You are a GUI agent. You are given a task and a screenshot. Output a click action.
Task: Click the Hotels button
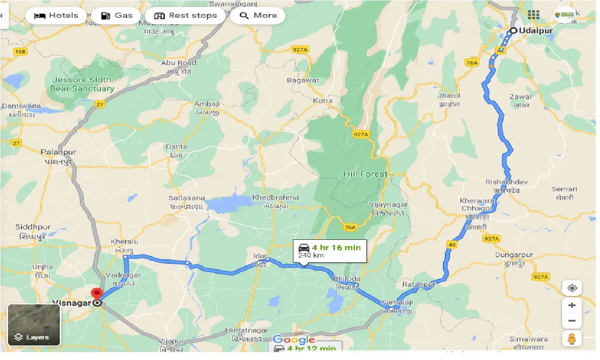pyautogui.click(x=56, y=15)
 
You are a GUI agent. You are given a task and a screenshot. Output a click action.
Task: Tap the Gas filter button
pyautogui.click(x=117, y=15)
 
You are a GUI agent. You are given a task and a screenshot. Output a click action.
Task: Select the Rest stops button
pyautogui.click(x=186, y=15)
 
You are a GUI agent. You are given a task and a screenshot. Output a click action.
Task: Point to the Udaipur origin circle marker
pyautogui.click(x=513, y=31)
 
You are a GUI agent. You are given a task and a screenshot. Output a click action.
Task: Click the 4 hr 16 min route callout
pyautogui.click(x=330, y=251)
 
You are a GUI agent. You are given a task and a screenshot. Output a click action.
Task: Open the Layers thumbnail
pyautogui.click(x=34, y=325)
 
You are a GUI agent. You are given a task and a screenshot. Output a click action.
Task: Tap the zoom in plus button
pyautogui.click(x=572, y=305)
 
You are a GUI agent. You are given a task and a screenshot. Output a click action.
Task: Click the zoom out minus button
pyautogui.click(x=572, y=321)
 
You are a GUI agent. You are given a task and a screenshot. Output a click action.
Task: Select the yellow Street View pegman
pyautogui.click(x=572, y=338)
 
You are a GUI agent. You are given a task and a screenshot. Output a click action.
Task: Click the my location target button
pyautogui.click(x=572, y=288)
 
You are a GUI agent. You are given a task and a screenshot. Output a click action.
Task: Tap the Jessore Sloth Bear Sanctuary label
pyautogui.click(x=82, y=84)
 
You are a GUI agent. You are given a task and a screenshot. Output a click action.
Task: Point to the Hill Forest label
pyautogui.click(x=365, y=174)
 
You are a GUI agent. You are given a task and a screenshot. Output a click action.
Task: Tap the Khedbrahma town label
pyautogui.click(x=275, y=197)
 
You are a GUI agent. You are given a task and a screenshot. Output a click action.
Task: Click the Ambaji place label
pyautogui.click(x=206, y=104)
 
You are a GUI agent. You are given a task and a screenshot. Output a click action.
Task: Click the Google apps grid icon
pyautogui.click(x=533, y=14)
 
